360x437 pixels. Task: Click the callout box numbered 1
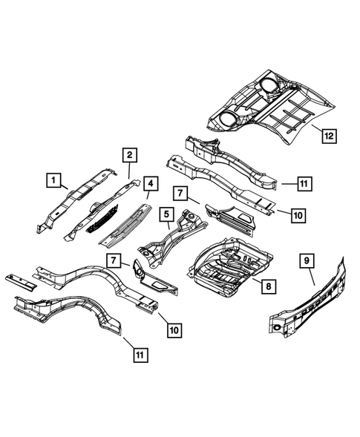point(53,178)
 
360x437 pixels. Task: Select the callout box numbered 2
point(129,155)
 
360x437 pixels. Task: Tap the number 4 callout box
point(151,183)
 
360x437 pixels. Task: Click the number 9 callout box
point(307,260)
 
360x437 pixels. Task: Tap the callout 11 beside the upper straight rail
point(304,182)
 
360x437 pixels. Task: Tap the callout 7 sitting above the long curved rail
point(113,261)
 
